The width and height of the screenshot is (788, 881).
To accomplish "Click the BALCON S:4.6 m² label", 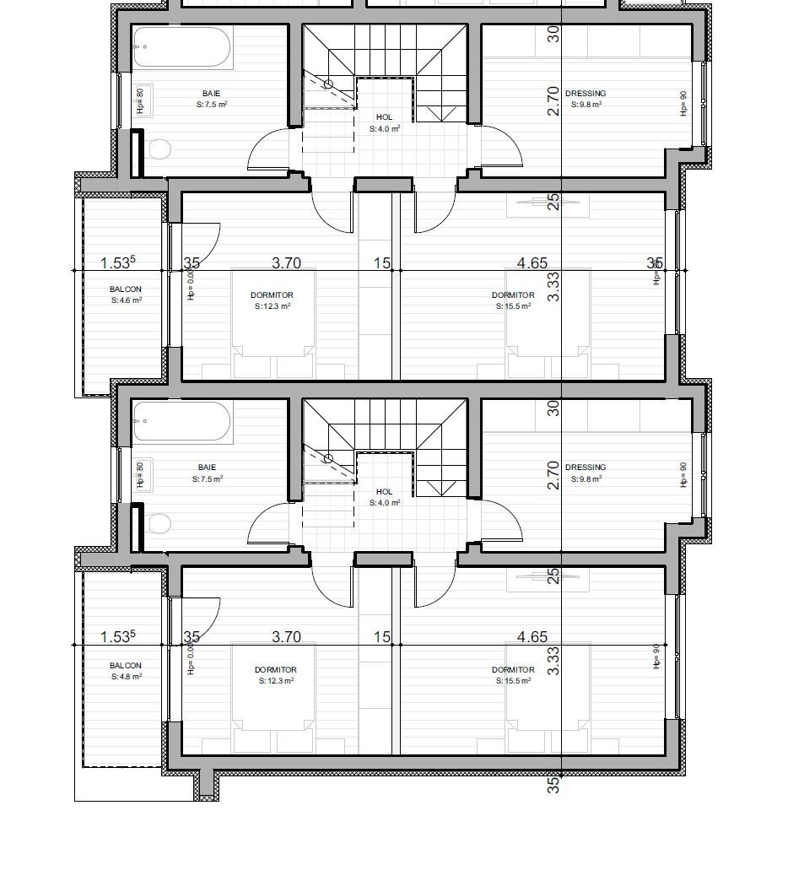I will point(126,295).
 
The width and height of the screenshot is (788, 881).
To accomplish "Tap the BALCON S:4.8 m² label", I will point(126,671).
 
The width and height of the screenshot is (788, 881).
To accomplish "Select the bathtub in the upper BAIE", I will point(182,48).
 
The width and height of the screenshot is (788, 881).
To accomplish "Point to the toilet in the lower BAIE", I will point(158,524).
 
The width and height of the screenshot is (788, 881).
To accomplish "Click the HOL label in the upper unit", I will point(384,117).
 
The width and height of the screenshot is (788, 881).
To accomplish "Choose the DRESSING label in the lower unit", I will point(586,468).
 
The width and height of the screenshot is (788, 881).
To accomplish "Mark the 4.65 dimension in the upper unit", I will point(532,263).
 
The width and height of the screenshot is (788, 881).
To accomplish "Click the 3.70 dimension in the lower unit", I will point(286,637).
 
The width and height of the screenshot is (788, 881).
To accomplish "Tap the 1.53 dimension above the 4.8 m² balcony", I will point(118,637).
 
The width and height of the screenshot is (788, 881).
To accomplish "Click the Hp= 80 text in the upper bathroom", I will point(140,100).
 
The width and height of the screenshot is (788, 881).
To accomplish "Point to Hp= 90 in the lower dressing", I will point(683,476).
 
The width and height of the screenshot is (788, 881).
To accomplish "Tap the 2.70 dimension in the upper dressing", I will point(553,100).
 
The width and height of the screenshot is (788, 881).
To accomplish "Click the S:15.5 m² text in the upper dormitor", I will point(513,306).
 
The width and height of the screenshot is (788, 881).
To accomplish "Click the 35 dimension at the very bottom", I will point(553,785).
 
